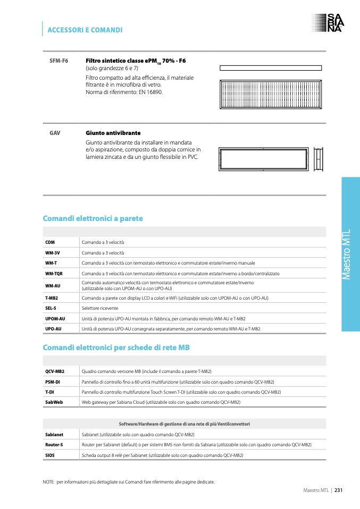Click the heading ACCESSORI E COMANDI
pos(85,30)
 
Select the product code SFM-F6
pos(58,61)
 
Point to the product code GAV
pos(55,132)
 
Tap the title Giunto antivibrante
pos(113,132)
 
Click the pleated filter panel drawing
pos(271,95)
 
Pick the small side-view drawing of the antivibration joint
pos(319,158)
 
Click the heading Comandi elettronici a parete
pos(93,218)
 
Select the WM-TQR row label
pos(54,273)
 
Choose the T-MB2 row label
pos(52,298)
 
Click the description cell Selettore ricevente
pos(100,308)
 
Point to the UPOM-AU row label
pos(55,318)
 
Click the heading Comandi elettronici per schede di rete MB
pos(116,347)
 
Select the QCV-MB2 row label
pos(55,371)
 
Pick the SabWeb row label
pos(54,402)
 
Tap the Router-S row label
pos(54,445)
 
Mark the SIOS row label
pos(50,455)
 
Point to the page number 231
pos(338,490)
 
